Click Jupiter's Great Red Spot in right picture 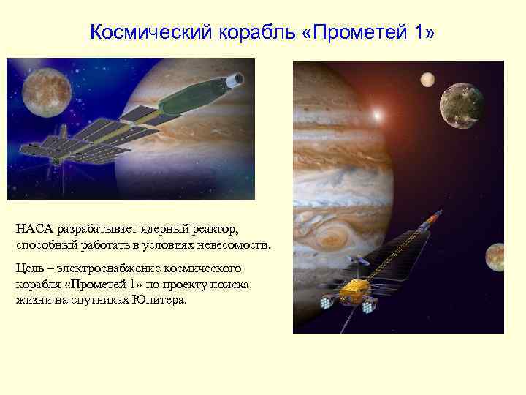[x=332, y=238]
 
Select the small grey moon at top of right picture [x=427, y=78]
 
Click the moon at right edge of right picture [x=495, y=257]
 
